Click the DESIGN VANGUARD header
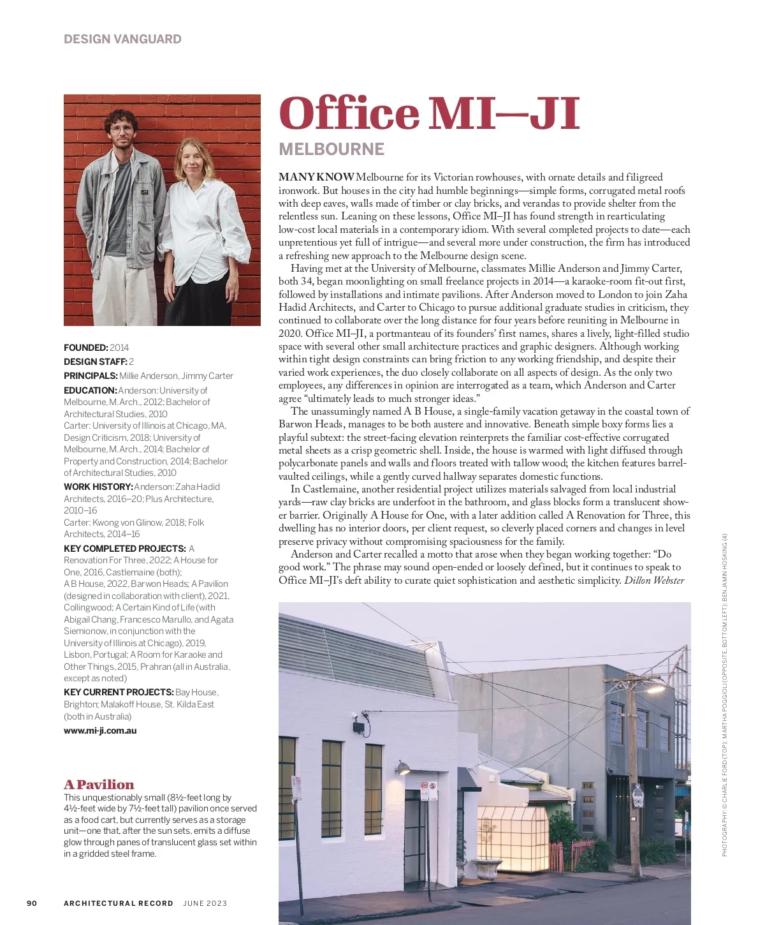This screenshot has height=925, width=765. tap(122, 39)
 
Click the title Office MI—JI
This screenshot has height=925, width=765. tap(429, 114)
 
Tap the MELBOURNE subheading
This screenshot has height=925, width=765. tap(331, 149)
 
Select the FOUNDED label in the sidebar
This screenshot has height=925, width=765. tap(86, 348)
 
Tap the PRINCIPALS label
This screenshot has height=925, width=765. tap(91, 376)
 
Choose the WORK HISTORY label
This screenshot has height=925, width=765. tap(98, 487)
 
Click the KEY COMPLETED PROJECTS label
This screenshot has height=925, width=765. tap(124, 549)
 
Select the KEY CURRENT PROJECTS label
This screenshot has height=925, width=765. tap(119, 692)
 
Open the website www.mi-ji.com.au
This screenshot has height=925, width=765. tap(100, 730)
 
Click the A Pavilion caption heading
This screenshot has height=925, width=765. tap(99, 785)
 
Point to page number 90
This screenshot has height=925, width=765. tap(32, 903)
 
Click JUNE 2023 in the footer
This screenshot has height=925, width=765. tap(205, 903)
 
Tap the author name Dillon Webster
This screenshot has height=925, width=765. tap(654, 581)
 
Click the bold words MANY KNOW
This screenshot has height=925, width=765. tap(316, 177)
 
